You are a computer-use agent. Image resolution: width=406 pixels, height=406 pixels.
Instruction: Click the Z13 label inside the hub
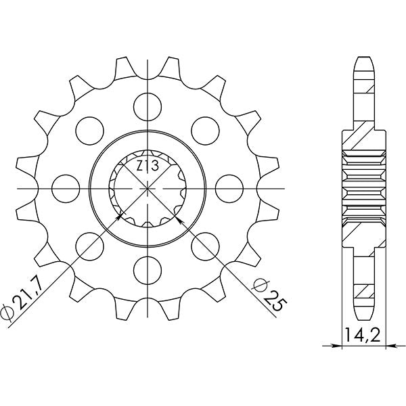148,166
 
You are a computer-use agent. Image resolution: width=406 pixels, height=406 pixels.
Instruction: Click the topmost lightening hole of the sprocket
146,104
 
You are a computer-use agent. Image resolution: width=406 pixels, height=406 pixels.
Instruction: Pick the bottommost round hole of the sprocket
146,267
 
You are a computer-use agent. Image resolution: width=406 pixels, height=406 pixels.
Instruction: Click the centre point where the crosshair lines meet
146,185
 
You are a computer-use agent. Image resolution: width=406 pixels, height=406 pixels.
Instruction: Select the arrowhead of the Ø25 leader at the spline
178,217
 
